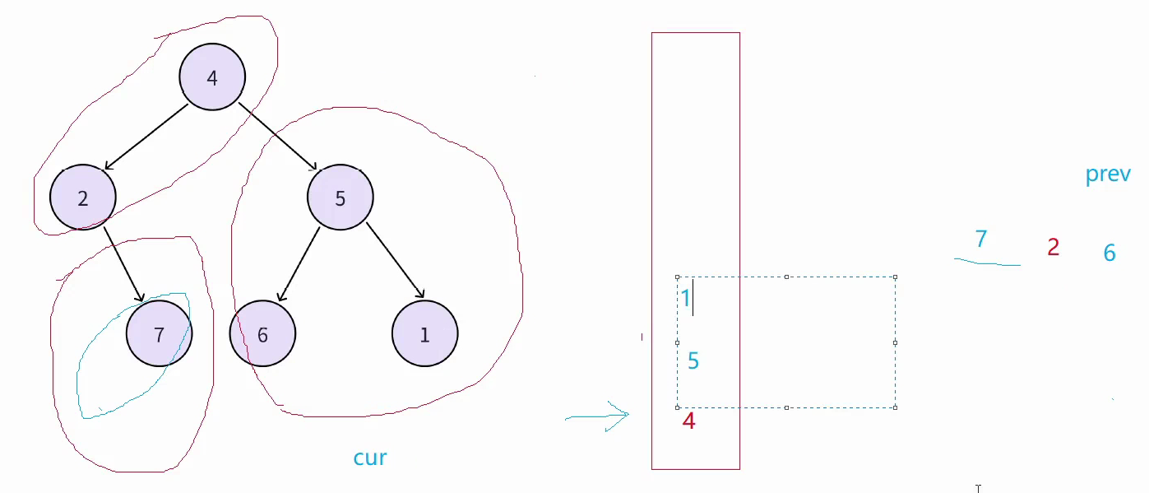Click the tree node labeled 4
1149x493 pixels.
pyautogui.click(x=212, y=77)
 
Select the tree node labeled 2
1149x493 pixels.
pyautogui.click(x=83, y=198)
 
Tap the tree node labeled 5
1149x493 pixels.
pyautogui.click(x=341, y=198)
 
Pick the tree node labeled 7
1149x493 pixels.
pyautogui.click(x=160, y=333)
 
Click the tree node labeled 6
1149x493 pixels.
pyautogui.click(x=262, y=333)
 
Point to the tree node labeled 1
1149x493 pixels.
pyautogui.click(x=424, y=333)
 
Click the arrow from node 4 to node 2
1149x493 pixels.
pyautogui.click(x=146, y=137)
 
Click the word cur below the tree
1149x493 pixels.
pyautogui.click(x=370, y=458)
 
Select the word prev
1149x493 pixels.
pyautogui.click(x=1108, y=174)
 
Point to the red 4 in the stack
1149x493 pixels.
pyautogui.click(x=689, y=421)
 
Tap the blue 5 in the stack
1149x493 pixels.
pyautogui.click(x=693, y=360)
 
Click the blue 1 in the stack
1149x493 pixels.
pyautogui.click(x=685, y=298)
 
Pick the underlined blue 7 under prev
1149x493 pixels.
pyautogui.click(x=980, y=240)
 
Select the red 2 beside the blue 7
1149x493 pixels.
pyautogui.click(x=1053, y=247)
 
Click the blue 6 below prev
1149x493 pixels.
pyautogui.click(x=1110, y=253)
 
